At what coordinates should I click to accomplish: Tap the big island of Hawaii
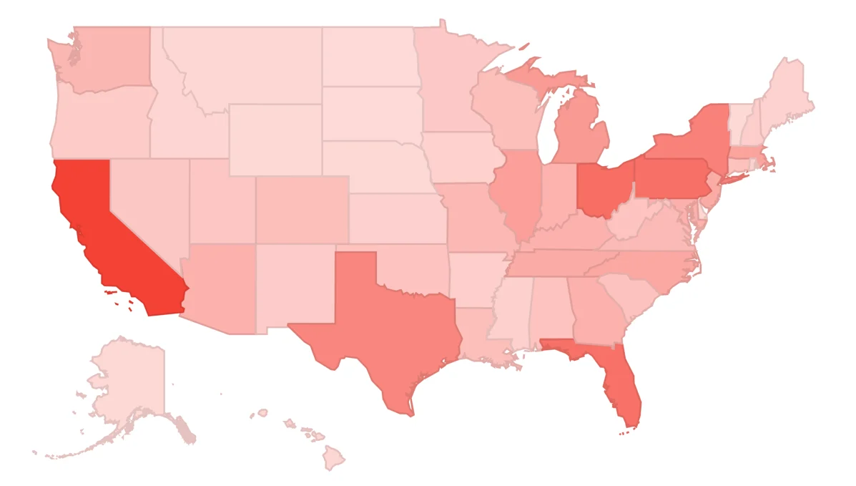333,458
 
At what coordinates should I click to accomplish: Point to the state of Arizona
218,286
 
